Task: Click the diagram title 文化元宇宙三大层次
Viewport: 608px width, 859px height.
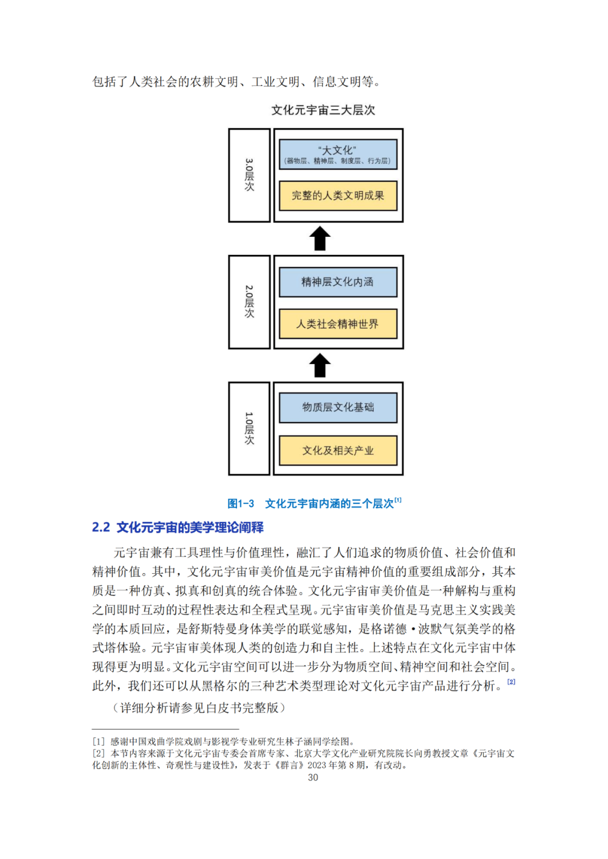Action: click(323, 110)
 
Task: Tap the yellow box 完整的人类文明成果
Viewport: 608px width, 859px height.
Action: click(338, 196)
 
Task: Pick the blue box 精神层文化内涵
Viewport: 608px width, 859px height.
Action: click(338, 282)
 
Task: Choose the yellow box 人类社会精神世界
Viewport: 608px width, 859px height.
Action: click(338, 324)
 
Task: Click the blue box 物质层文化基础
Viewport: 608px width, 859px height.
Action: click(338, 407)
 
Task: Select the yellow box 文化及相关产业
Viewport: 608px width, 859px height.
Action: click(338, 451)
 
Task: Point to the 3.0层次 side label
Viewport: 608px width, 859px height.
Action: click(249, 175)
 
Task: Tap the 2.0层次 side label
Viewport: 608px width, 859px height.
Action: click(249, 302)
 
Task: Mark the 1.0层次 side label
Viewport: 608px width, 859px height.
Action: click(249, 429)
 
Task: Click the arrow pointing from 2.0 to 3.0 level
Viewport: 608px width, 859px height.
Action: click(320, 239)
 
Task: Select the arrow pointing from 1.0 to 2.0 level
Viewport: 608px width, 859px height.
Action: click(320, 366)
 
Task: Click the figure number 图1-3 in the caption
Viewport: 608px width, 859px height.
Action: click(241, 504)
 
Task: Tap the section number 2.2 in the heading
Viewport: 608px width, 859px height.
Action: click(101, 528)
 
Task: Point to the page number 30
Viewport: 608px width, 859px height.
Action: click(313, 777)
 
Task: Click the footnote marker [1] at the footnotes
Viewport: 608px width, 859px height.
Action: click(99, 741)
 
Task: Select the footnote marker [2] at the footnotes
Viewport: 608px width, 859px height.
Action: click(99, 753)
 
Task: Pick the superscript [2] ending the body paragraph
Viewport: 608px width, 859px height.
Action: click(511, 682)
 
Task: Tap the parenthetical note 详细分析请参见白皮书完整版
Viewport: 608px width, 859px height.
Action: click(199, 708)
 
